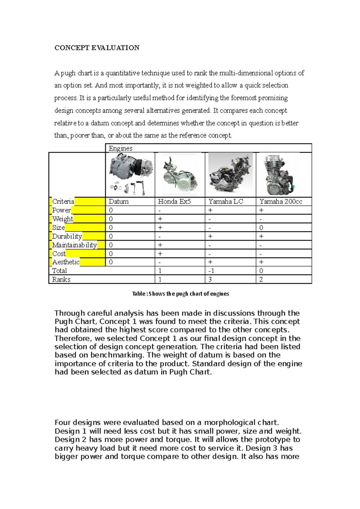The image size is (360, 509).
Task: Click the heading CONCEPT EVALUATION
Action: tap(97, 48)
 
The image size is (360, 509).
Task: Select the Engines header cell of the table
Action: tap(120, 148)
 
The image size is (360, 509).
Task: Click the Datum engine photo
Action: tap(130, 175)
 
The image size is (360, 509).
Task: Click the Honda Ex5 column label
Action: tap(174, 201)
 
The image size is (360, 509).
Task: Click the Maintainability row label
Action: tap(74, 245)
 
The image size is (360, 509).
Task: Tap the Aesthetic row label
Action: tap(66, 262)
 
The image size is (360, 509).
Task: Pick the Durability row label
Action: tap(67, 236)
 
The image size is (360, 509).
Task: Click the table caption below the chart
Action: tap(180, 294)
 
